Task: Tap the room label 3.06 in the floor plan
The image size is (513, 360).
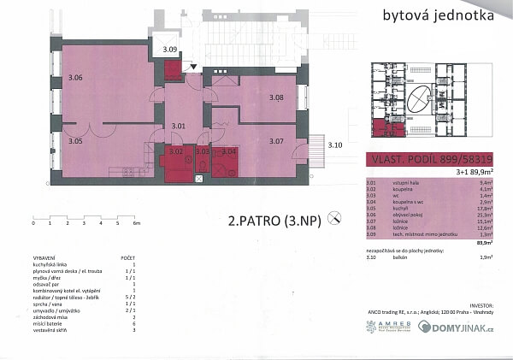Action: pyautogui.click(x=75, y=78)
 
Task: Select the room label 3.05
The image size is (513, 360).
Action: pyautogui.click(x=75, y=140)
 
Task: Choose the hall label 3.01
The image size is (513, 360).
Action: pyautogui.click(x=178, y=127)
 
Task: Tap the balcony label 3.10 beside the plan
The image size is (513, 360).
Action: pyautogui.click(x=335, y=146)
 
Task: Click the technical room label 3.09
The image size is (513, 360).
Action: pyautogui.click(x=170, y=50)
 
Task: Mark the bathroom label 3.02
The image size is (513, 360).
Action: pyautogui.click(x=176, y=152)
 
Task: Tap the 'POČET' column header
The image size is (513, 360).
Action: pyautogui.click(x=128, y=256)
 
